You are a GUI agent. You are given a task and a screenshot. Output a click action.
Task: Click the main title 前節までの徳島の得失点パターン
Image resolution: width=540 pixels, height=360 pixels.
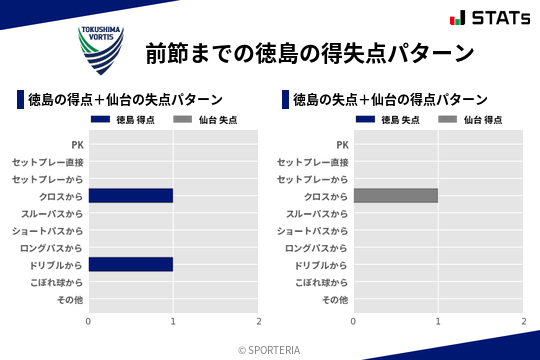pos(309,52)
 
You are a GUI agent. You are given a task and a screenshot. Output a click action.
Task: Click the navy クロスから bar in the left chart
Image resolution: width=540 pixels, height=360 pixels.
pos(131,196)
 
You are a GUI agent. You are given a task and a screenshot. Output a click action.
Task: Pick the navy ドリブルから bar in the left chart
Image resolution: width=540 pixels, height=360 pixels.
pos(131,265)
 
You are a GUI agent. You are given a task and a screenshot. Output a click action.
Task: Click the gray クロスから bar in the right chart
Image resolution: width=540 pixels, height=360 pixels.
pos(396,196)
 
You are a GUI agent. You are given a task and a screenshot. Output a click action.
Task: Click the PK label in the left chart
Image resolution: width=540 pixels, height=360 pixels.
pos(77,145)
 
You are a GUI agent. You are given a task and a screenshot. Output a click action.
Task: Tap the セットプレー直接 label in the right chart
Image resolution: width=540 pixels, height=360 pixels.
pos(313,162)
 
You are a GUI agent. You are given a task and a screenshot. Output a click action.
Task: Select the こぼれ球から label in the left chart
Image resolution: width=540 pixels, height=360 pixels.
pos(57,283)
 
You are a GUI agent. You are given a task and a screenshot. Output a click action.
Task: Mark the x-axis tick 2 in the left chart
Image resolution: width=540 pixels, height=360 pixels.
pos(259,321)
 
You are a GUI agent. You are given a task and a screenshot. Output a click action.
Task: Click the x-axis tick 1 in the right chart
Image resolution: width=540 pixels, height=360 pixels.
pos(438,321)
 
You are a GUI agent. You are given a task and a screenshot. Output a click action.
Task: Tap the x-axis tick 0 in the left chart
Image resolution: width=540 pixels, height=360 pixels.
pos(89,321)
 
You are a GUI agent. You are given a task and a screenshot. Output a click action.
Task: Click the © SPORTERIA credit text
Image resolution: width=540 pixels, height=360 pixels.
pos(269,350)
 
